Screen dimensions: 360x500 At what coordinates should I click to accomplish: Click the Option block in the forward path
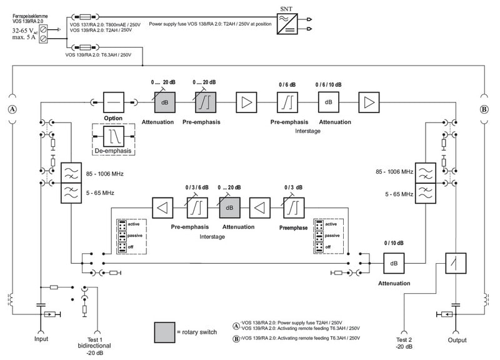point(113,102)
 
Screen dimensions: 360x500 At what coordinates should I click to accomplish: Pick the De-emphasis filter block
point(113,136)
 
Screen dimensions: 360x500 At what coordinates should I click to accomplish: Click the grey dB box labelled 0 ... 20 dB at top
point(165,102)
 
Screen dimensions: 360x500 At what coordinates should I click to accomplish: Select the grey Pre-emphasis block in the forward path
point(206,102)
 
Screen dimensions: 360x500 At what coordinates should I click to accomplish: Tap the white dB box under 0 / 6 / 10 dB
point(329,102)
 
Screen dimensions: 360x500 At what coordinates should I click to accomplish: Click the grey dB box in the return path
point(229,207)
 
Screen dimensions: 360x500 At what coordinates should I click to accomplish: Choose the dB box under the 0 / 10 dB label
point(394,263)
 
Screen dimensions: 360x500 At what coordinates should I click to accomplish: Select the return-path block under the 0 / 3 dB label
point(293,207)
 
